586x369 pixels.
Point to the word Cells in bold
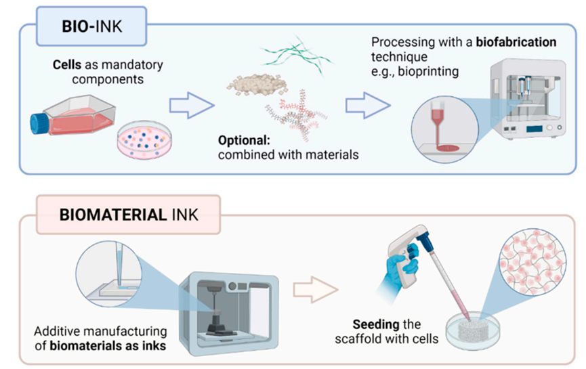[68, 68]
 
